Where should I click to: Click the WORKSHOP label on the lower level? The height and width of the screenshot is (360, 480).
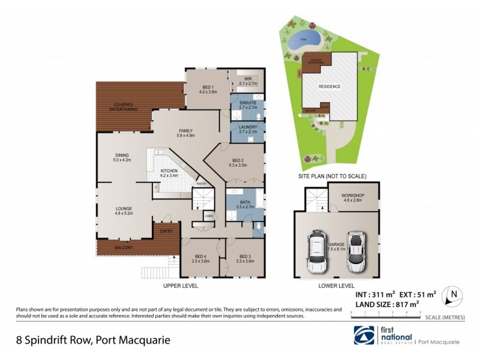(353, 197)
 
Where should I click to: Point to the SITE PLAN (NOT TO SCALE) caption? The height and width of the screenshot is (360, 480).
(332, 176)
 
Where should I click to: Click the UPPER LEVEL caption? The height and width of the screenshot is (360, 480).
(181, 286)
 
